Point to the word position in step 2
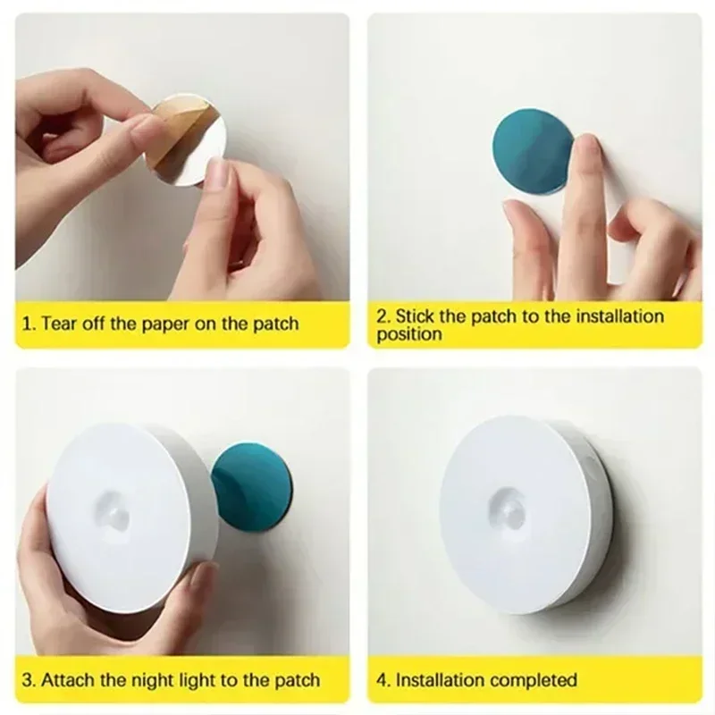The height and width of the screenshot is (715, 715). [x=408, y=334]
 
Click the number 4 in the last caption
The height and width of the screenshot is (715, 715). [x=380, y=680]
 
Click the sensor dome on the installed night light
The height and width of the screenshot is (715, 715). [x=509, y=510]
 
